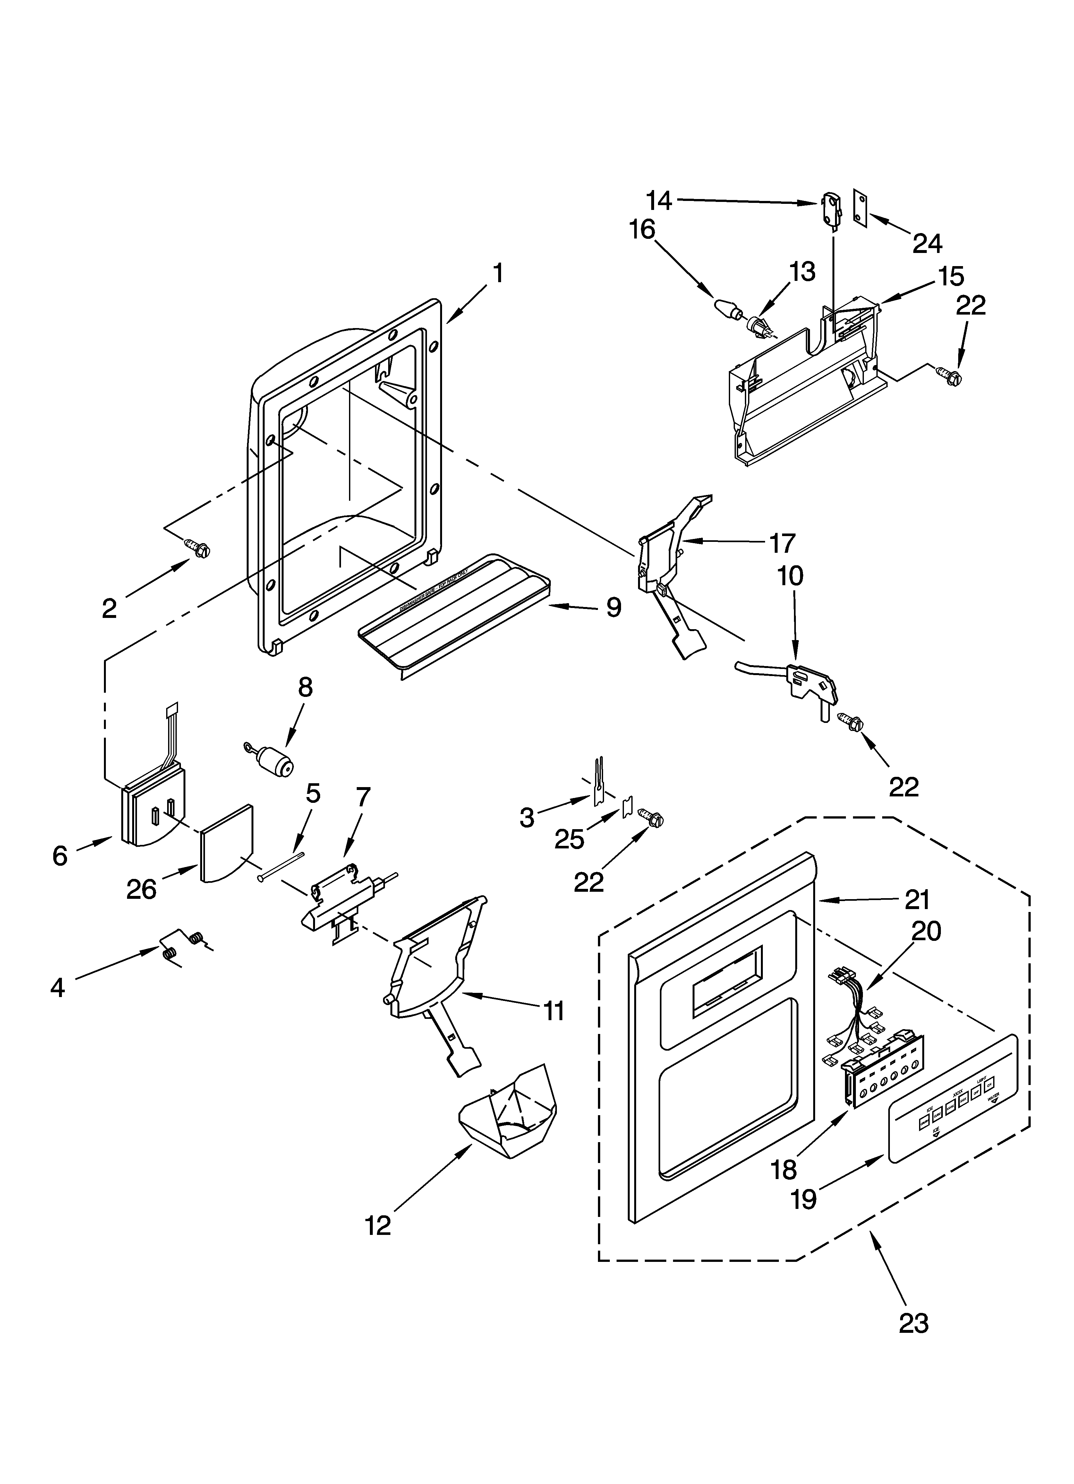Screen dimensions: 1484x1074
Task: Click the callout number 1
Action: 499,273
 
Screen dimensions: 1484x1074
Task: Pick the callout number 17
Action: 782,543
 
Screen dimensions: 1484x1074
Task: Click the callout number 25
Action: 569,839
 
